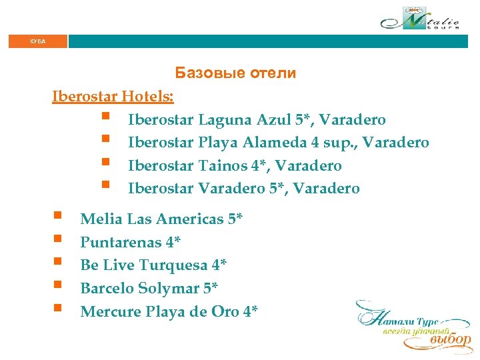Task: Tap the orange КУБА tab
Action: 38,41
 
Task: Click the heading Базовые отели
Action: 235,73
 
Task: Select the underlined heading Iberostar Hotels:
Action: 113,97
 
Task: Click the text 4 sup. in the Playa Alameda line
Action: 331,143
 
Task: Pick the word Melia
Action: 101,219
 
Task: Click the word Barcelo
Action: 107,288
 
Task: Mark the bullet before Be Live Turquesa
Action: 57,264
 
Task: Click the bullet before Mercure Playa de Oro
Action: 57,310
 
